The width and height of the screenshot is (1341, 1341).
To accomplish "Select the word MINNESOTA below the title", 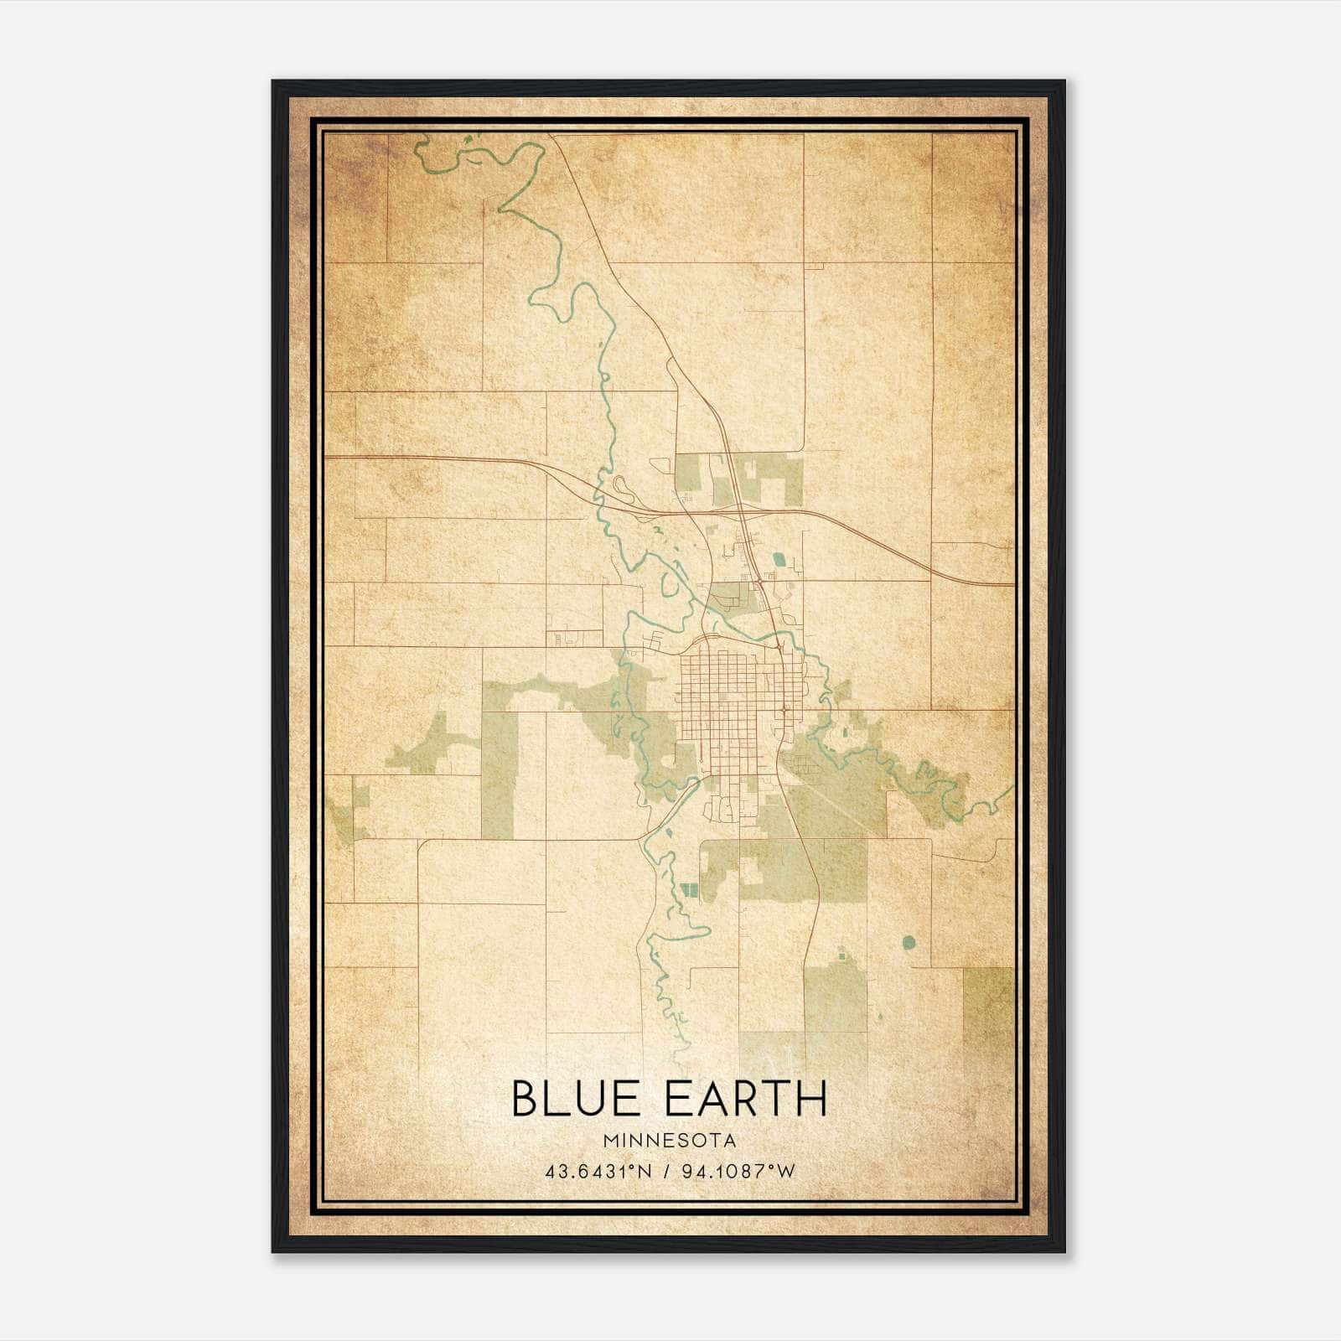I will pos(669,1141).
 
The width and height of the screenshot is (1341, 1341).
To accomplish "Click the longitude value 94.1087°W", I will pos(735,1172).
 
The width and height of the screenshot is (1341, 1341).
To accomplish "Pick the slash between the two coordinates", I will pos(665,1172).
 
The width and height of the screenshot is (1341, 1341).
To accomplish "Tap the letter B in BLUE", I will pos(525,1099).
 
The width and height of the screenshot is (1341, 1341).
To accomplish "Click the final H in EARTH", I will pos(812,1099).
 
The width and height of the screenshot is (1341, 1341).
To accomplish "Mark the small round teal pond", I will pos(909,942).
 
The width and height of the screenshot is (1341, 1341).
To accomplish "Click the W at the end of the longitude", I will pos(785,1172).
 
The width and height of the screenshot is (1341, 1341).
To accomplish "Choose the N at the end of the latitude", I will pos(646,1172).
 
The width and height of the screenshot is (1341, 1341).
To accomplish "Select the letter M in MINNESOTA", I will pos(609,1141).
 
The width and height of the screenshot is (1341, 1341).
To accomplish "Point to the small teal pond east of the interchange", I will pos(780,557).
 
